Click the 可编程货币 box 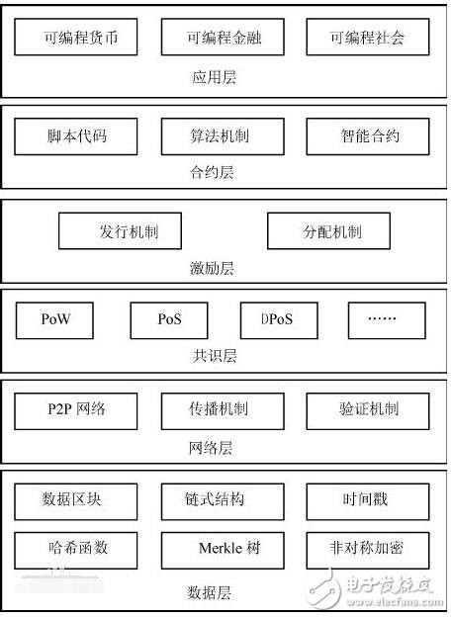click(76, 37)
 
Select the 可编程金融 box click(223, 37)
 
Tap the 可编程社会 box click(368, 37)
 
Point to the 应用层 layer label click(214, 77)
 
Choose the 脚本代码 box click(76, 136)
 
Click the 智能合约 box click(368, 136)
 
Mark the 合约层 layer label click(212, 172)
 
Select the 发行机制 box click(120, 231)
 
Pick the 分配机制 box click(328, 231)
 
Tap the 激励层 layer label click(212, 268)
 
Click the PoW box click(54, 320)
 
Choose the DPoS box click(279, 320)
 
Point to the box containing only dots click(387, 320)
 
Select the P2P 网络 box click(76, 411)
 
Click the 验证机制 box click(368, 411)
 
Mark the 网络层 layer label click(211, 448)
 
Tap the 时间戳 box click(368, 501)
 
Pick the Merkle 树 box click(223, 550)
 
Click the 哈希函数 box click(76, 550)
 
